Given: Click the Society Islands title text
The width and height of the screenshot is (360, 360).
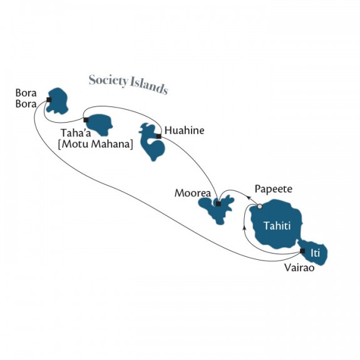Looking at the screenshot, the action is pyautogui.click(x=128, y=85).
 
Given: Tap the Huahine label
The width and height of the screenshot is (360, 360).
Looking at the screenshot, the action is pyautogui.click(x=184, y=130).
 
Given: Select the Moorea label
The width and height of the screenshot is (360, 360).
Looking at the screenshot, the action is pyautogui.click(x=193, y=193).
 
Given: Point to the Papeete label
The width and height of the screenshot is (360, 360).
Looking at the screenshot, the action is pyautogui.click(x=274, y=190).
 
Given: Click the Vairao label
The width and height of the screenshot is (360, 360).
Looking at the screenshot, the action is pyautogui.click(x=299, y=268).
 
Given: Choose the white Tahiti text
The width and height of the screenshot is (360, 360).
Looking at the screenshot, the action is pyautogui.click(x=277, y=226).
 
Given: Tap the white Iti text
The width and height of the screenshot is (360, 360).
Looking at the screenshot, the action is pyautogui.click(x=315, y=254).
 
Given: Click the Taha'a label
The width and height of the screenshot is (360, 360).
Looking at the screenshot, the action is pyautogui.click(x=76, y=133).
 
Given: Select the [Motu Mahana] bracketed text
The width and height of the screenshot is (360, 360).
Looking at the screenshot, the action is pyautogui.click(x=96, y=144).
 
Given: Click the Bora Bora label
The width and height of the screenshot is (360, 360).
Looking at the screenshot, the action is pyautogui.click(x=26, y=98).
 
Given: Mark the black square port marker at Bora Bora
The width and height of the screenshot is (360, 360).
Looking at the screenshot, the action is pyautogui.click(x=49, y=100).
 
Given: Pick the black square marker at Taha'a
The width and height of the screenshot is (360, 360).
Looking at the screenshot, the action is pyautogui.click(x=86, y=120).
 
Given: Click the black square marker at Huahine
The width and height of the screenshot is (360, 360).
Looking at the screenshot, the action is pyautogui.click(x=158, y=136).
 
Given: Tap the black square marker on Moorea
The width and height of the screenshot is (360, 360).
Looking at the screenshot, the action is pyautogui.click(x=219, y=204).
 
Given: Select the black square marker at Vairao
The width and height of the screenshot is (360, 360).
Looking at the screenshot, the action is pyautogui.click(x=302, y=250).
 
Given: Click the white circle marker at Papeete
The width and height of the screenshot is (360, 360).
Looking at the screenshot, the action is pyautogui.click(x=260, y=207).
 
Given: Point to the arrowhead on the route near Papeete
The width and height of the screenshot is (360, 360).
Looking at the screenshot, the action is pyautogui.click(x=249, y=197).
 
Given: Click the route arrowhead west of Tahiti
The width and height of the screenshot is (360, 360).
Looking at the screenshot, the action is pyautogui.click(x=244, y=227).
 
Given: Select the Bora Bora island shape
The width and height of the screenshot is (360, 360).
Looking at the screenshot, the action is pyautogui.click(x=58, y=101).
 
